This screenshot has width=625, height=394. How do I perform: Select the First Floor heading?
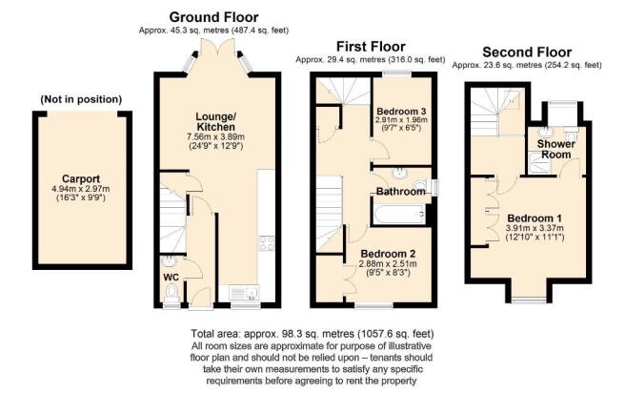pyautogui.click(x=370, y=45)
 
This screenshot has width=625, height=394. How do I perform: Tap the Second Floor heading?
pyautogui.click(x=526, y=52)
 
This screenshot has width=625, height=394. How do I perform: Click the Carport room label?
pyautogui.click(x=81, y=177)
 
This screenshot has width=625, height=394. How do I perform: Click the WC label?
pyautogui.click(x=171, y=278)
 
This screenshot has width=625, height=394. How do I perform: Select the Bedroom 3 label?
pyautogui.click(x=401, y=112)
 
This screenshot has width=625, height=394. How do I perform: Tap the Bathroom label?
pyautogui.click(x=399, y=192)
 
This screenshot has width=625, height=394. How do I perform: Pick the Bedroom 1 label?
pyautogui.click(x=533, y=216)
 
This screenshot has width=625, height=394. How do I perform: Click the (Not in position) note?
pyautogui.click(x=81, y=99)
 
